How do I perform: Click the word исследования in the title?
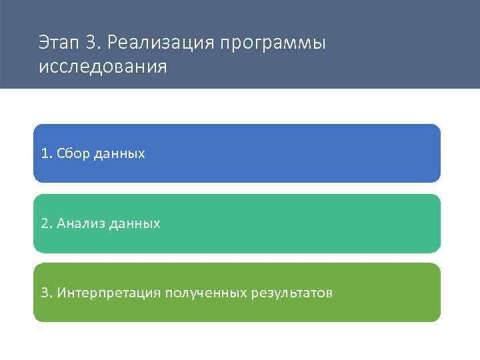click(103, 68)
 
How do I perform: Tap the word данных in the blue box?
click(120, 154)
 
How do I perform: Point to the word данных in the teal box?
click(135, 224)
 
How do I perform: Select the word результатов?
click(291, 293)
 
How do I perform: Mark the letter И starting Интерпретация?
click(61, 293)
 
